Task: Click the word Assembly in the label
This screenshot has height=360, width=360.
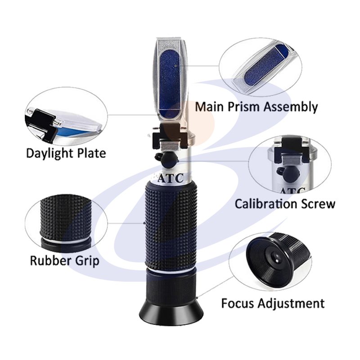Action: [x=290, y=108]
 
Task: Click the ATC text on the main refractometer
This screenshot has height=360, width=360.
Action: [x=171, y=178]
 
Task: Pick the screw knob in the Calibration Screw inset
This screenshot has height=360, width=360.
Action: [x=288, y=172]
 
